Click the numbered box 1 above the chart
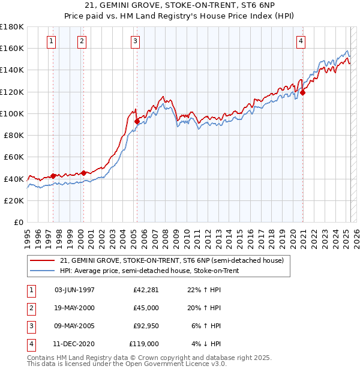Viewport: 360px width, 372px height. [x=52, y=41]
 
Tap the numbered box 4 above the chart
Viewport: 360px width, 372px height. [x=300, y=41]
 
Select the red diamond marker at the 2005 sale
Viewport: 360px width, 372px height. [x=137, y=121]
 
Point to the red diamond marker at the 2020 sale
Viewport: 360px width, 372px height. [x=303, y=92]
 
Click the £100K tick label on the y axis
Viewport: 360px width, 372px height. [x=12, y=113]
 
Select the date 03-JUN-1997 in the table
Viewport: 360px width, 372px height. [x=74, y=290]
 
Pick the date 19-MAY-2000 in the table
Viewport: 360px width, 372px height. [x=74, y=308]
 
